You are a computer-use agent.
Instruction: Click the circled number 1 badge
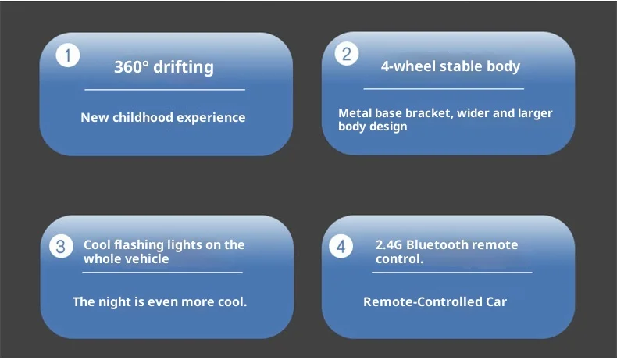tap(68, 55)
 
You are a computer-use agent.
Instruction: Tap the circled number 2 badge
tap(347, 54)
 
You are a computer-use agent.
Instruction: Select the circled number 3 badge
tap(61, 246)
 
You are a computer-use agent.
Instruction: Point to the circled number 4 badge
tap(341, 246)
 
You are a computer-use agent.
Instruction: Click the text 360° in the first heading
tap(131, 66)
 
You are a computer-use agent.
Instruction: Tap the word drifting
tap(184, 67)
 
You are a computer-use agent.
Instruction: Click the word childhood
tap(142, 117)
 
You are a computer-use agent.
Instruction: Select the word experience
tap(212, 118)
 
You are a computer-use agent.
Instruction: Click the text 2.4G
tap(389, 244)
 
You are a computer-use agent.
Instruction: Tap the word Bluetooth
tap(437, 244)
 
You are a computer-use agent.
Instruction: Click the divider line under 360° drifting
tap(165, 90)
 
